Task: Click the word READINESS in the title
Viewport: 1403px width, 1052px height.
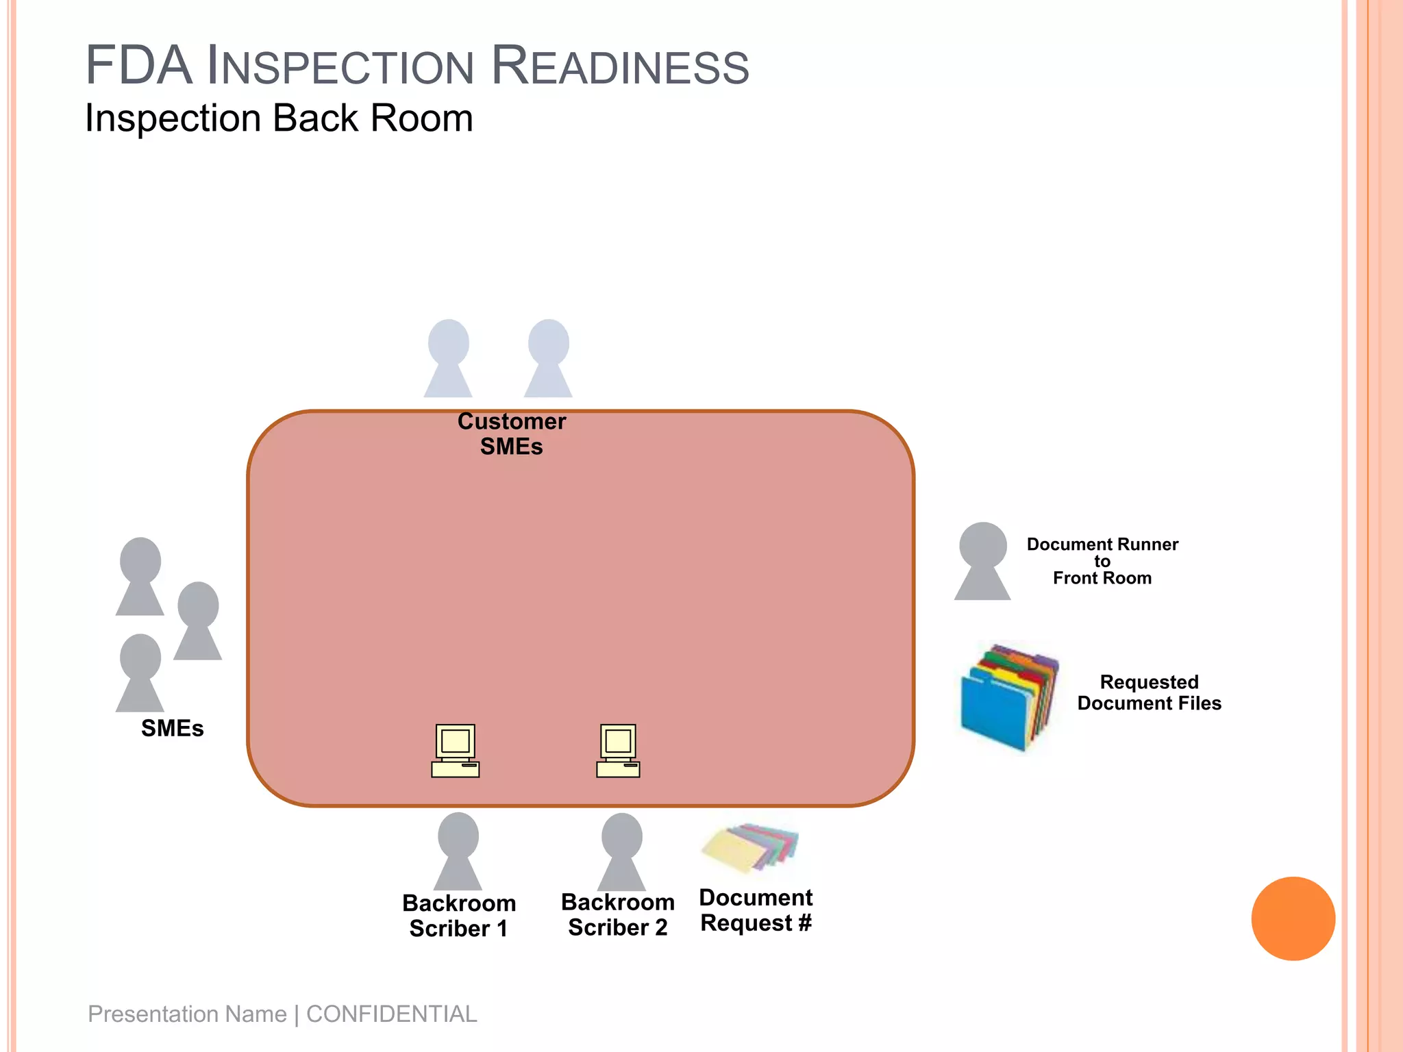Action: coord(620,67)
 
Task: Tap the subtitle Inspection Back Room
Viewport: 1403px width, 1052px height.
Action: coord(279,118)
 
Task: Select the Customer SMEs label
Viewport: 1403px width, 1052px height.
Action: coord(512,434)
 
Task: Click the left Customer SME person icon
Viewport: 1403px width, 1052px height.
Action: coord(448,358)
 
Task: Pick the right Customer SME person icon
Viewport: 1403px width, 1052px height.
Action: coord(548,358)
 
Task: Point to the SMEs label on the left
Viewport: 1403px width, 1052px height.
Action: coord(172,728)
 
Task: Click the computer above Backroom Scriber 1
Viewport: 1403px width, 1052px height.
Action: coord(456,751)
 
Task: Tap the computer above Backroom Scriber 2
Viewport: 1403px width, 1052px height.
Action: coord(618,751)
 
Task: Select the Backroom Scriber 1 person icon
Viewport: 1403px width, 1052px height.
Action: coord(458,851)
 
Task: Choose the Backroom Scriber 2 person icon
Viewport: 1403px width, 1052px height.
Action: coord(621,851)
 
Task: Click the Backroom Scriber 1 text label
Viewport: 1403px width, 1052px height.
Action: coord(459,916)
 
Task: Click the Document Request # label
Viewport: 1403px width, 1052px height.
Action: coord(756,910)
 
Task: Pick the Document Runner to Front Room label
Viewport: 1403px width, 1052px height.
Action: coord(1102,561)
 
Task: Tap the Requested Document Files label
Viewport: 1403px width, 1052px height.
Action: coord(1149,692)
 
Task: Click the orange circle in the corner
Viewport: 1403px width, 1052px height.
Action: coord(1293,918)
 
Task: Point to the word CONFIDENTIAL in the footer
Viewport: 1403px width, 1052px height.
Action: coord(391,1014)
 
